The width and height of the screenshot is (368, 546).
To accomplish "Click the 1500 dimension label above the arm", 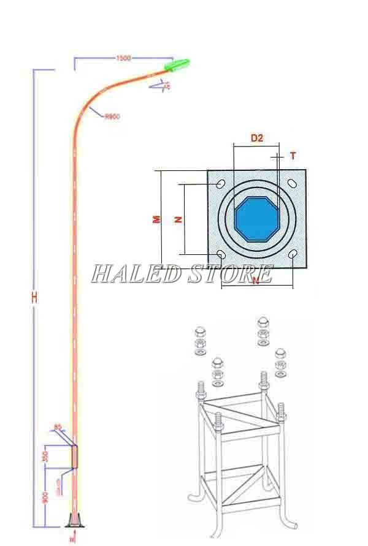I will (123, 58).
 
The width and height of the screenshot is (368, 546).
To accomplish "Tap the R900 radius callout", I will (112, 116).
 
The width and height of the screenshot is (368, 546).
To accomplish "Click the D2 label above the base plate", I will (257, 138).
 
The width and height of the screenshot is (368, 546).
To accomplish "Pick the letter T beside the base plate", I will (293, 156).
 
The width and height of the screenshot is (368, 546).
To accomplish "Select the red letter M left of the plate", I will (156, 218).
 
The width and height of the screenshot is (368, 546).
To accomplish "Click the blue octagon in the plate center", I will (257, 219).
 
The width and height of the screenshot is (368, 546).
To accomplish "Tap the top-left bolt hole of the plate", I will (221, 183).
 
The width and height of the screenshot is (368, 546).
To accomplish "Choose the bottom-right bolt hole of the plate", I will (293, 254).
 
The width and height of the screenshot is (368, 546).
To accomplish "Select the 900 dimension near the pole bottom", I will (46, 498).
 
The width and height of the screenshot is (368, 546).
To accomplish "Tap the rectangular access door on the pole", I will (75, 456).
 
